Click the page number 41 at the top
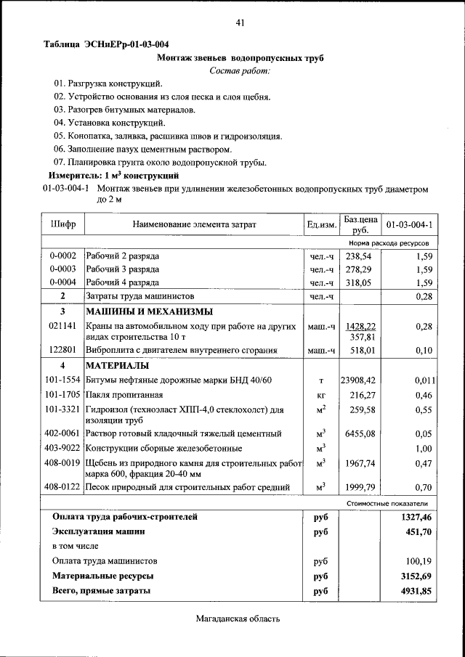(240, 23)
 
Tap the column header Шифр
(62, 225)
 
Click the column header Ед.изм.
(321, 225)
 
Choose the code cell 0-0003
(62, 269)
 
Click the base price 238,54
(360, 256)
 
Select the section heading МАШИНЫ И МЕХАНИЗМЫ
(139, 311)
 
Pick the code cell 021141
(62, 327)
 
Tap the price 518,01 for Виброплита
(361, 351)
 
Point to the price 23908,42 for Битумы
(358, 380)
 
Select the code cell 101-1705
(62, 395)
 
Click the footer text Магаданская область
(237, 619)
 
